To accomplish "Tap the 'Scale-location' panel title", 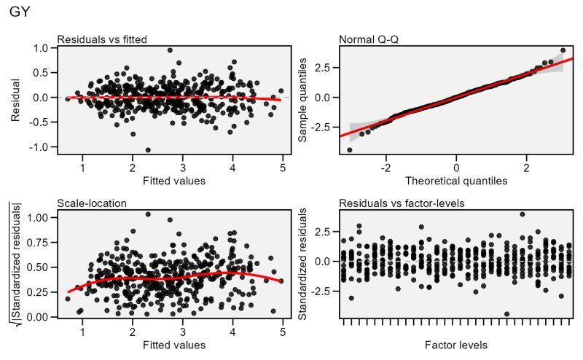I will tap(86, 203).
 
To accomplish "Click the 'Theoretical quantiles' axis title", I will tap(456, 180).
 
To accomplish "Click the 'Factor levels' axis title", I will tap(456, 345).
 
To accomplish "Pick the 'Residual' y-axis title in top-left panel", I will tap(16, 97).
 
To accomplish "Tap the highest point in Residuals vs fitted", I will tap(170, 50).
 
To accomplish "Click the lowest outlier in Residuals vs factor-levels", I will tap(507, 314).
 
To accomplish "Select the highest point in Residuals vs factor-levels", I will tap(522, 214).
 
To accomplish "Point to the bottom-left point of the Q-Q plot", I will tap(349, 150).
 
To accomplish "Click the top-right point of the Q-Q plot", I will tap(563, 50).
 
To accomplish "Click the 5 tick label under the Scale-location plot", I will tap(282, 333).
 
